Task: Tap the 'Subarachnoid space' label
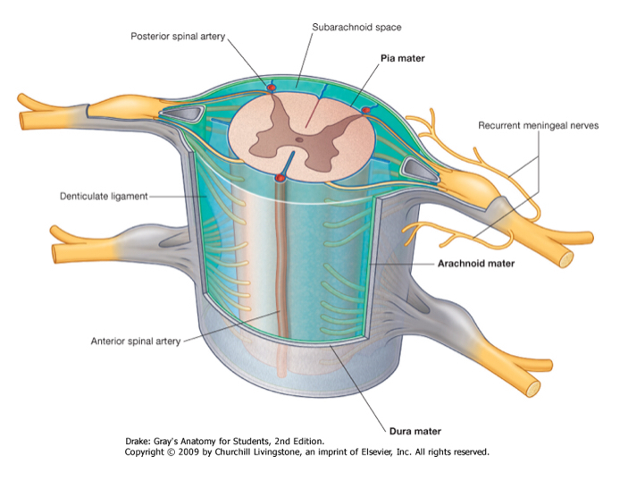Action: coord(349,28)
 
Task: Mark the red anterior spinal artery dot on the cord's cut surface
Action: coord(281,179)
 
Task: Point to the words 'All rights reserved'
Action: coord(456,452)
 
